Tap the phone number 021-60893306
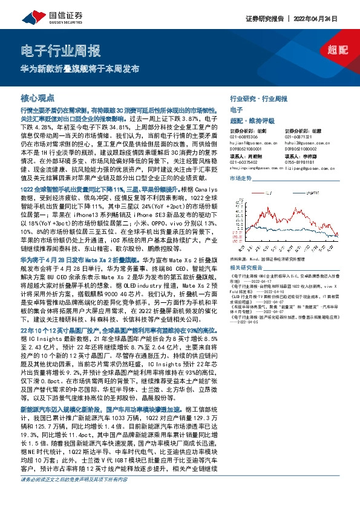[244, 137]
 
